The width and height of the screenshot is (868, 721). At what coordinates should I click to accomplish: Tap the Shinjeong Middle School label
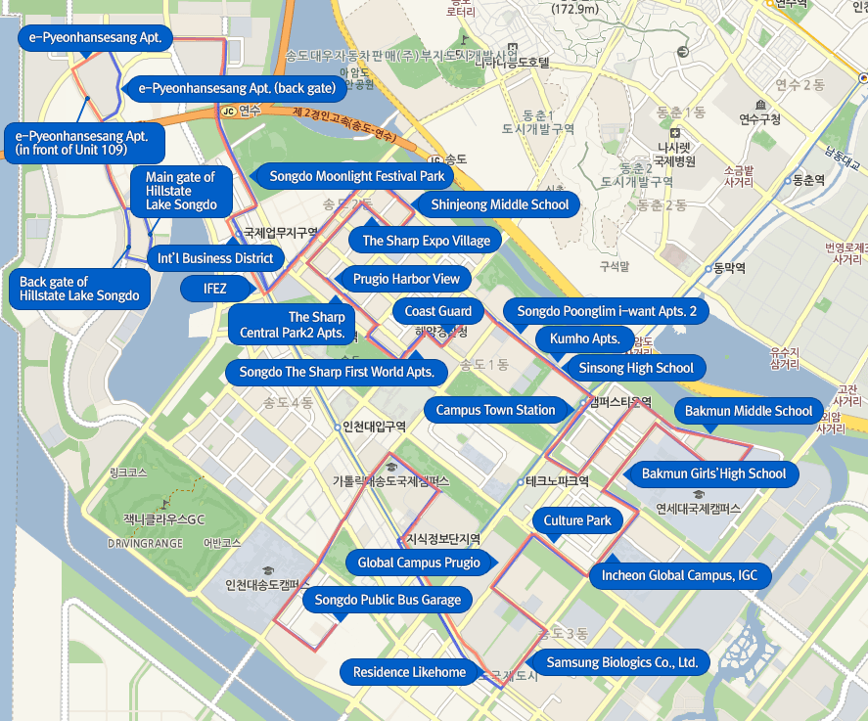499,204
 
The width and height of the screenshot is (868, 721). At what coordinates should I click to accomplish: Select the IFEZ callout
214,289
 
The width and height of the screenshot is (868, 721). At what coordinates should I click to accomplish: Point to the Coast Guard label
438,311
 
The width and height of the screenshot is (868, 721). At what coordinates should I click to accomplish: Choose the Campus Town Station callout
495,410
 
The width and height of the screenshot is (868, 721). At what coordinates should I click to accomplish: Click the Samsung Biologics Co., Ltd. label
621,662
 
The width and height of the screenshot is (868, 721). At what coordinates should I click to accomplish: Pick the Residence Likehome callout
409,672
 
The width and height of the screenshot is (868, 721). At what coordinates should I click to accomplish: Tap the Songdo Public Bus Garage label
387,600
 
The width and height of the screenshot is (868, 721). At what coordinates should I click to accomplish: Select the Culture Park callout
577,520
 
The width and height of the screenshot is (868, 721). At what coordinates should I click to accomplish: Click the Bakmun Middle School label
749,411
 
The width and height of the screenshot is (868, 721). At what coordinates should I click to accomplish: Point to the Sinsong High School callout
635,368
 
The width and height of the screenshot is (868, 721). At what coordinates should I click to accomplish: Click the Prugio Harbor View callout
405,279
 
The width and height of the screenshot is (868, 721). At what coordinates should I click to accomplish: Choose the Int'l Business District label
215,258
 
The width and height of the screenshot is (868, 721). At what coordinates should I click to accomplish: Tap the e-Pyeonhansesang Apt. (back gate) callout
237,88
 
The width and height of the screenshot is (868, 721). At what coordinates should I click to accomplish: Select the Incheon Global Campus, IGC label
679,575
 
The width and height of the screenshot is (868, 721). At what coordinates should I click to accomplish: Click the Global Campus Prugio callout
419,563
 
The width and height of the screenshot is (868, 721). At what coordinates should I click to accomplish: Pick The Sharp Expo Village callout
426,241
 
